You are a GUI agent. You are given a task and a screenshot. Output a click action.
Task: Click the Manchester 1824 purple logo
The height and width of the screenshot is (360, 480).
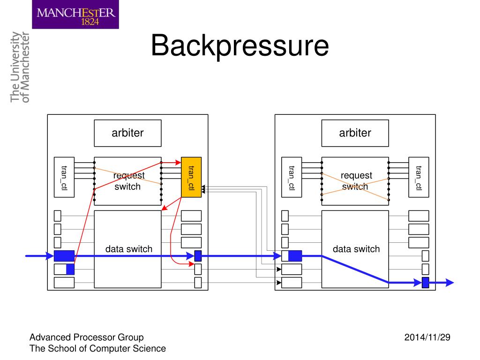tap(75, 15)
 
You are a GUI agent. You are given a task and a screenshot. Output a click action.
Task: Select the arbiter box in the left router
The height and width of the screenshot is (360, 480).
tap(127, 133)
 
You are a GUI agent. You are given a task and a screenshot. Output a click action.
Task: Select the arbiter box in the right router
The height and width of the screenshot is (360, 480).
tap(355, 133)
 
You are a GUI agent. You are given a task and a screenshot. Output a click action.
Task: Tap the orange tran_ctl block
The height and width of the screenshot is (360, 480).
tap(191, 177)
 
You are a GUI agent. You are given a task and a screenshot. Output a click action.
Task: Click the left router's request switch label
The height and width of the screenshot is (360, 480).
tap(128, 181)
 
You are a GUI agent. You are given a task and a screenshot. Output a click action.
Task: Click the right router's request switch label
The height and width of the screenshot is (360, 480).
tap(355, 181)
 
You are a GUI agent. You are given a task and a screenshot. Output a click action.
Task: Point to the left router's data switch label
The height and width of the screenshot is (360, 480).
tap(128, 249)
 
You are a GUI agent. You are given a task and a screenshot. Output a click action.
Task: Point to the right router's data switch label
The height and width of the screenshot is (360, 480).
tap(356, 249)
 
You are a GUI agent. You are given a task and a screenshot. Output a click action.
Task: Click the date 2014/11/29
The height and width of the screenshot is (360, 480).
tap(427, 337)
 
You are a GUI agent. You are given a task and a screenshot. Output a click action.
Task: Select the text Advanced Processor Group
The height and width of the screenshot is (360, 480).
tap(86, 337)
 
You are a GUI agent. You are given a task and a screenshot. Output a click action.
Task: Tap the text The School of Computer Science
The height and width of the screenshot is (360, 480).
tap(97, 348)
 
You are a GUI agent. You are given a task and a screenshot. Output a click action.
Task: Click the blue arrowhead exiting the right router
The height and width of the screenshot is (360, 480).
tap(450, 282)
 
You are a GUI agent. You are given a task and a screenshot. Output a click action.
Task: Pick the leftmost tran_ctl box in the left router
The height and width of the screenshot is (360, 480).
tap(64, 177)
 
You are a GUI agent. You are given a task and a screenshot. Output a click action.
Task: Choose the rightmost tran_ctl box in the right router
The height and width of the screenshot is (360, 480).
tap(418, 177)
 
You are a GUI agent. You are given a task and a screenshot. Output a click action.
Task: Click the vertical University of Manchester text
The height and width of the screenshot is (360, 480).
tap(20, 67)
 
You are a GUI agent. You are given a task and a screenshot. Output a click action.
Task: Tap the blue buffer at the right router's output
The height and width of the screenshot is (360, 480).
tap(425, 282)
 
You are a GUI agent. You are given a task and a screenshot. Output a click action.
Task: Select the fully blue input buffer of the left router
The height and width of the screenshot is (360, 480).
tap(64, 255)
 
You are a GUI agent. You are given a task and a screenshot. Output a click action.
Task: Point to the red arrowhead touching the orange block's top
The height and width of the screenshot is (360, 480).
tap(179, 162)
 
